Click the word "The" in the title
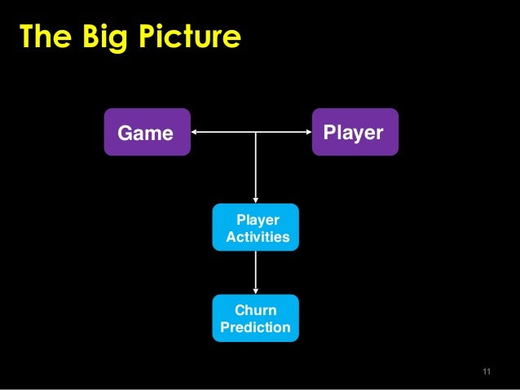tap(44, 36)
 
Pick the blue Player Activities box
tap(256, 227)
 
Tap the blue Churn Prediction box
tap(256, 318)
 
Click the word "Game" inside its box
tap(146, 133)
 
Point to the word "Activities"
tap(258, 237)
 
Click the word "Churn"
tap(256, 310)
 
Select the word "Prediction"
tap(256, 328)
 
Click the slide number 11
tap(487, 372)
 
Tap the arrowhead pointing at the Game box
tap(195, 132)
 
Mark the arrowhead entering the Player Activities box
tap(256, 199)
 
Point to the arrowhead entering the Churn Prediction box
tap(256, 291)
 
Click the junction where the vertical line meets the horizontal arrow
tap(256, 132)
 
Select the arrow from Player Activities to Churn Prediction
tap(256, 270)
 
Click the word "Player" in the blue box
tap(258, 220)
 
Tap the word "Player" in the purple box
tap(353, 132)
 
